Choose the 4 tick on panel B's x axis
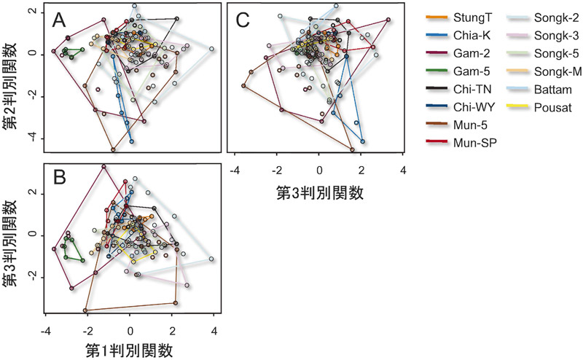click(214, 331)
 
